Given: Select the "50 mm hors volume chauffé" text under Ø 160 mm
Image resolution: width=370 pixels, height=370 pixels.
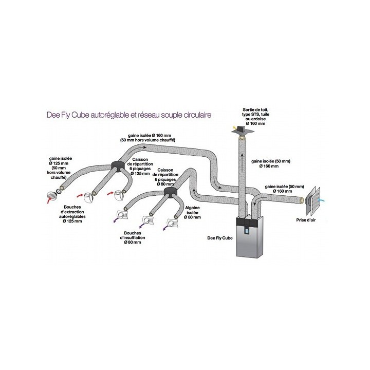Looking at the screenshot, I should pos(147,139).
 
